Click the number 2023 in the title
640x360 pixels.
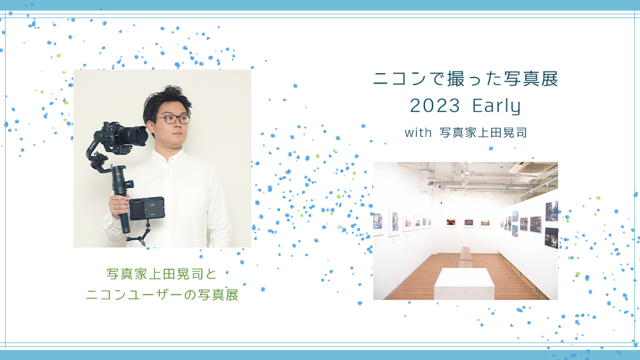pos(435,106)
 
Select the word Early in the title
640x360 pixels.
pos(496,107)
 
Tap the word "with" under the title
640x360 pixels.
pos(418,132)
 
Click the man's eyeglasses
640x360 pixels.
pos(173,119)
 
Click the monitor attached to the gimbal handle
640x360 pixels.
pos(146,209)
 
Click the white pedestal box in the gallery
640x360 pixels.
pos(464,284)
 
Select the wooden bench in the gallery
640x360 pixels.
pos(465,256)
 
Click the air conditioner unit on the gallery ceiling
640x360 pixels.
pos(534,167)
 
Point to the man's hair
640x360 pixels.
pos(166,101)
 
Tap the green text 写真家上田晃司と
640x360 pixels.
pos(162,274)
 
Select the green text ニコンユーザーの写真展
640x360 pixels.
pos(162,295)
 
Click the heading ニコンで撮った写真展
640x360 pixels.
pos(466,79)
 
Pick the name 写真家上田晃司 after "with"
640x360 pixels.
pos(483,132)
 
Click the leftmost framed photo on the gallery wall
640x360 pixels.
pos(378,222)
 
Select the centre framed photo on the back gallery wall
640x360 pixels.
pos(469,222)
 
